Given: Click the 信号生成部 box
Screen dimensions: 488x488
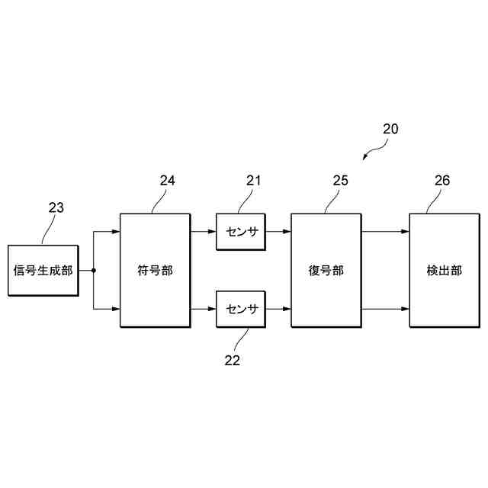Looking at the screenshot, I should (x=43, y=270).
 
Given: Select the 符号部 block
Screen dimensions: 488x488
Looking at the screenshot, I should (x=155, y=270).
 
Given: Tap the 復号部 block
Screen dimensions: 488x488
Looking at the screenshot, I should (x=326, y=270).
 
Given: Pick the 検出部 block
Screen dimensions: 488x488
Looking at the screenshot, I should (x=445, y=270).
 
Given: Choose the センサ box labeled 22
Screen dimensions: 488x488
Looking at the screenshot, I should (x=241, y=309).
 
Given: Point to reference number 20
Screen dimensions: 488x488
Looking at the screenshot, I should (x=390, y=129).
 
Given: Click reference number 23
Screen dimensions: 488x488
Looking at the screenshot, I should (x=56, y=207).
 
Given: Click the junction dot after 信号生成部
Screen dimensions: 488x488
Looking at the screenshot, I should (x=93, y=270).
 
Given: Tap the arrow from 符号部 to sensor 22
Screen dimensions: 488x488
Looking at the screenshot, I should (x=203, y=309).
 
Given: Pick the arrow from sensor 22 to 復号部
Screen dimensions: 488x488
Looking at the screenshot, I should (x=278, y=309).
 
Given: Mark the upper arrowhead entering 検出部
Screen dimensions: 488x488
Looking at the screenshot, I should (x=406, y=231).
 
